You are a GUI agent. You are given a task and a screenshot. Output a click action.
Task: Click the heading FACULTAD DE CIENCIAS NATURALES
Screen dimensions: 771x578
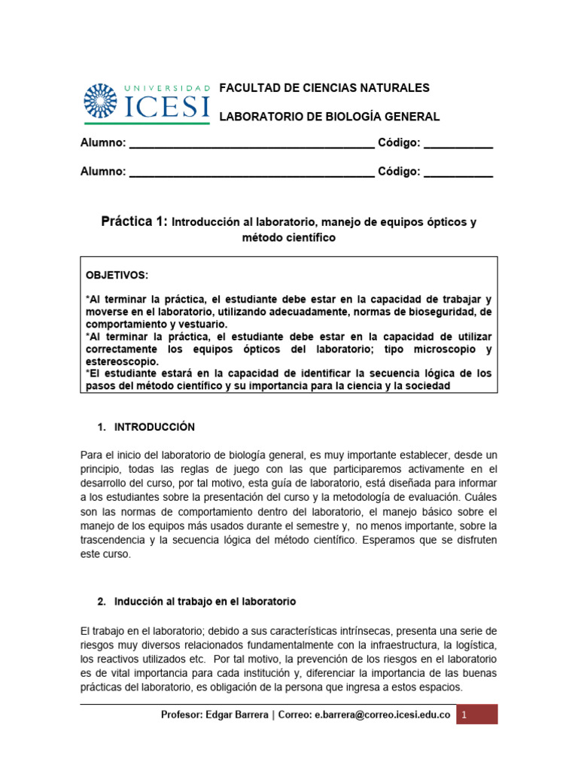click(x=324, y=88)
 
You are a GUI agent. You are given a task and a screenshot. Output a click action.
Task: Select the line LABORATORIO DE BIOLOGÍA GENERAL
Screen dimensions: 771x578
click(x=329, y=117)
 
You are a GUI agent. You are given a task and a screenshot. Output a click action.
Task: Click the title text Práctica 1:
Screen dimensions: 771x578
click(x=135, y=222)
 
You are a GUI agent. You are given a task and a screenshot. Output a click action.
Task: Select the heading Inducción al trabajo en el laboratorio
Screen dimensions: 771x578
click(x=205, y=602)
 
